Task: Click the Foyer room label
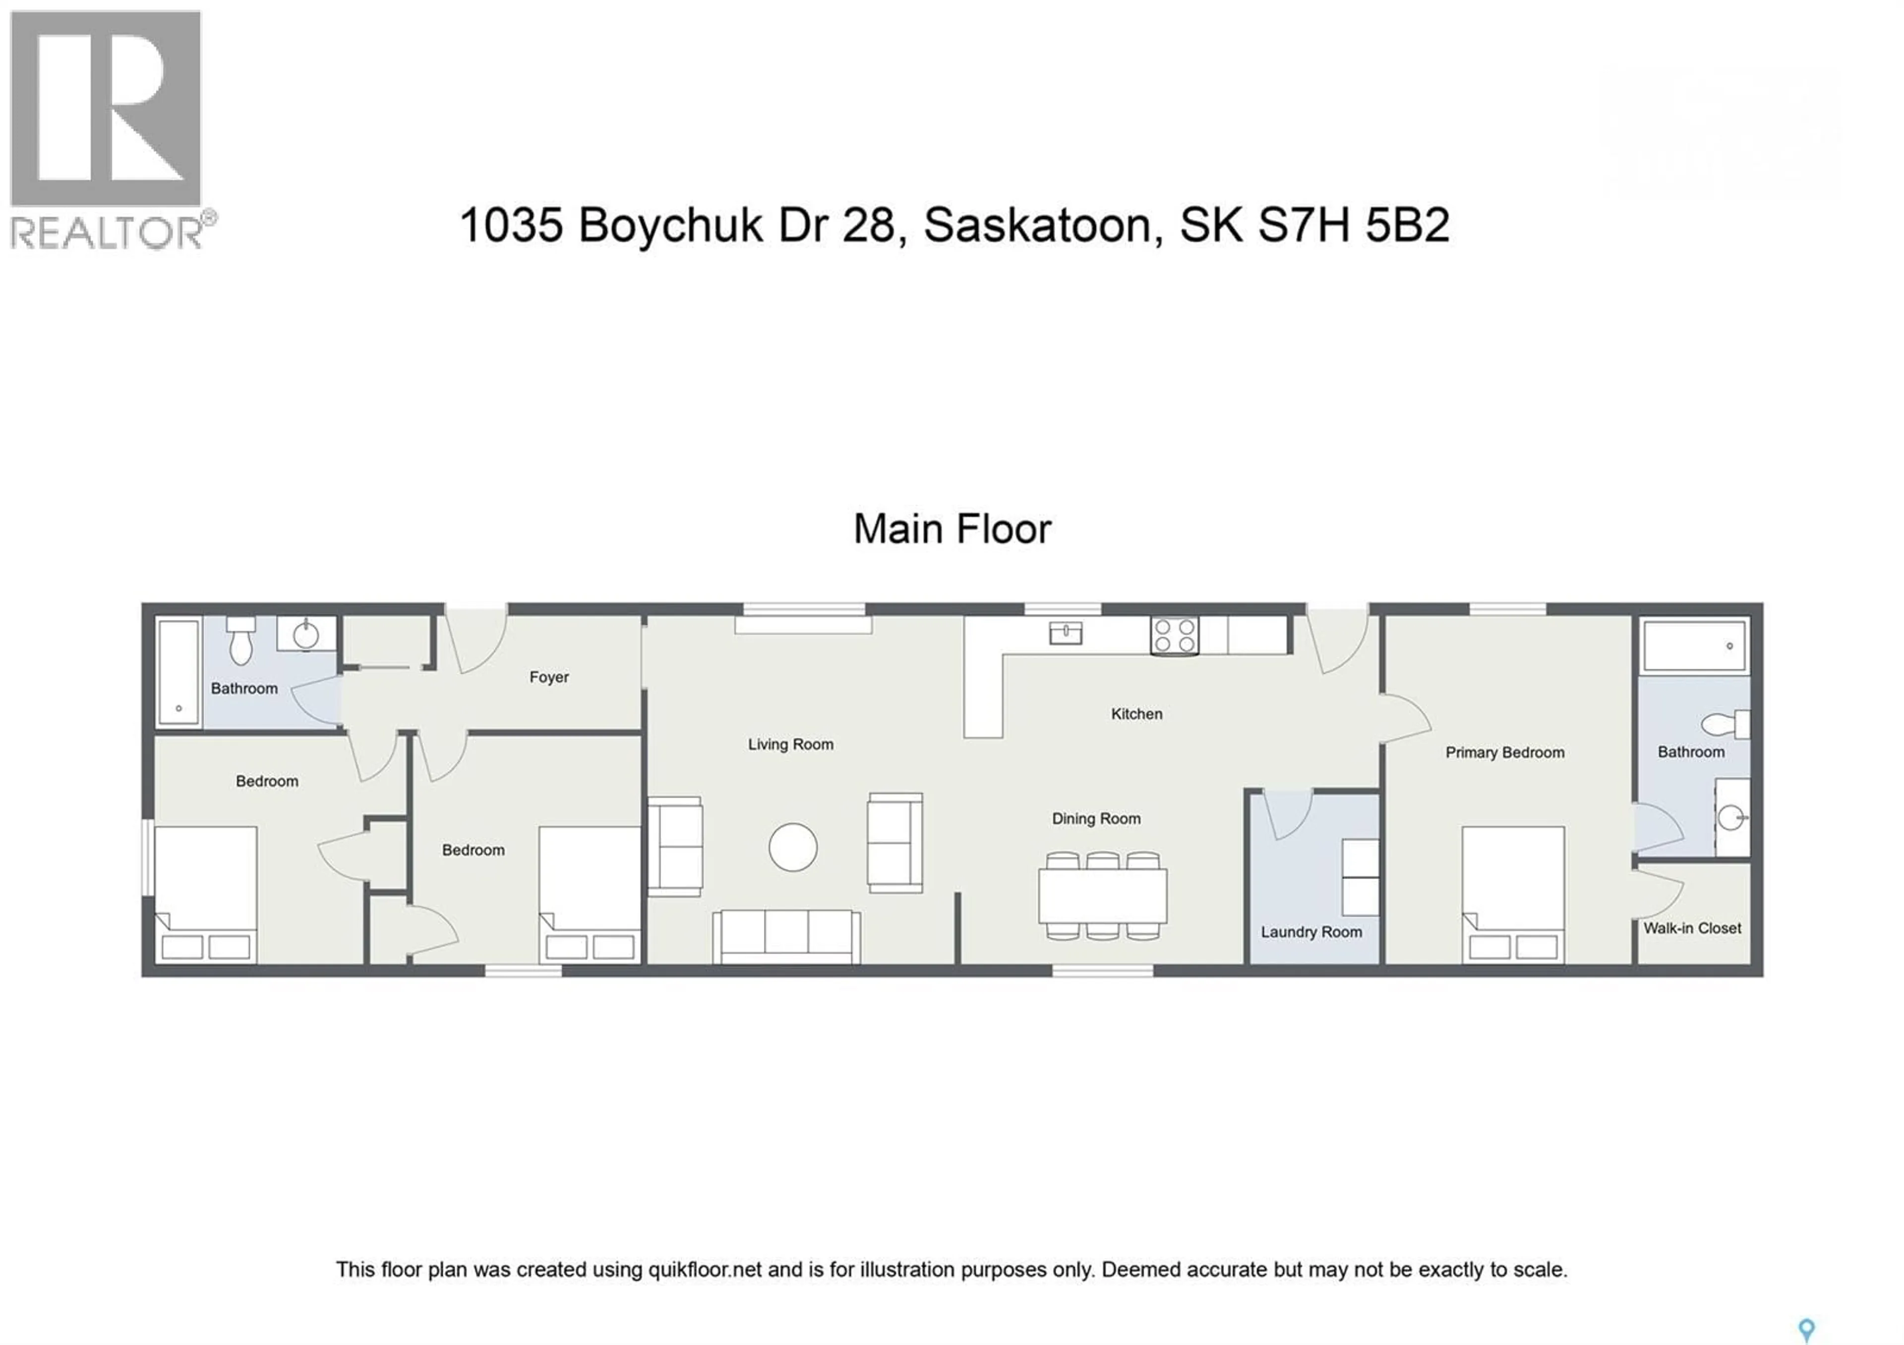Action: tap(549, 677)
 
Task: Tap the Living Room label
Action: tap(790, 744)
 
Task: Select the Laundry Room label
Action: tap(1311, 932)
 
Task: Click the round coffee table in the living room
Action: tap(793, 848)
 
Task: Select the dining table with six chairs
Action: tap(1102, 896)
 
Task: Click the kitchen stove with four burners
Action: tap(1174, 636)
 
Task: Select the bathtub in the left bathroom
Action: tap(178, 672)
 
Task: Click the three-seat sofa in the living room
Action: tap(786, 936)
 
